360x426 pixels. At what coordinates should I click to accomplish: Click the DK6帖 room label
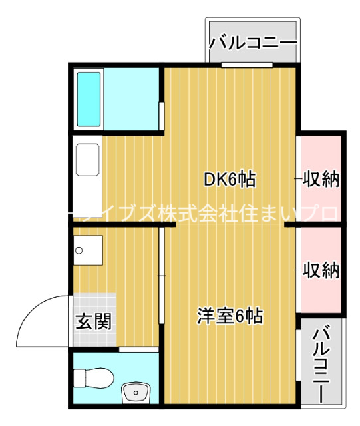229,179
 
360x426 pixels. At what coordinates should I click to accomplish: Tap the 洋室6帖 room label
230,316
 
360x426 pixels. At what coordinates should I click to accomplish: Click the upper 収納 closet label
321,179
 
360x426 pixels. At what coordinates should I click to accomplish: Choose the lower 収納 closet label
321,270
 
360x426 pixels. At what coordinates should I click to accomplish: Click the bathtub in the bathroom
89,99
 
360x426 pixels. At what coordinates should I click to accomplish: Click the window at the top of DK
247,65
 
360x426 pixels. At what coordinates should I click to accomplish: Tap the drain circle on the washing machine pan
80,251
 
